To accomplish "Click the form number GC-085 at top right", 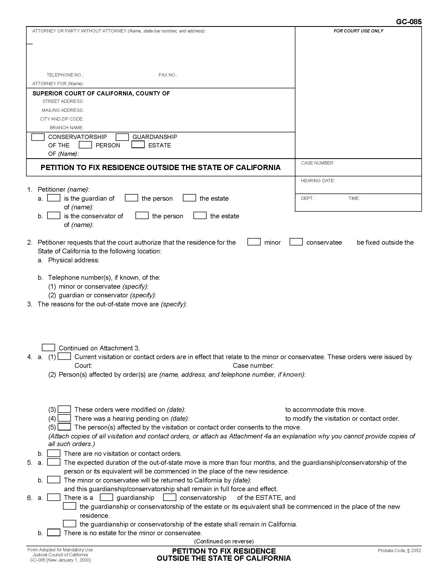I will (408, 22).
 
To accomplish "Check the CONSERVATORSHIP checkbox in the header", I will (38, 137).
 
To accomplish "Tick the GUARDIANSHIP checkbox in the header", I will (122, 137).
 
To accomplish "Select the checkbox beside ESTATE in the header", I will (138, 145).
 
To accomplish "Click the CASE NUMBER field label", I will (318, 163).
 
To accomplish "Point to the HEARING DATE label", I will (318, 181).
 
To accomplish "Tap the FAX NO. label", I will (168, 75).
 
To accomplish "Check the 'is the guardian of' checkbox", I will (53, 198).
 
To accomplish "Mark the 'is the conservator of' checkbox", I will (53, 216).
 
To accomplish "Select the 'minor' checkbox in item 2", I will (254, 242).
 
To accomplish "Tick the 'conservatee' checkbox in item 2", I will (296, 242).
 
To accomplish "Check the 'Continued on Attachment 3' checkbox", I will (48, 348).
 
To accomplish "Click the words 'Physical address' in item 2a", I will (74, 260).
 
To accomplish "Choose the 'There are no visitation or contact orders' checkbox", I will (53, 453).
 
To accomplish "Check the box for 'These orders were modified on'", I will (64, 409).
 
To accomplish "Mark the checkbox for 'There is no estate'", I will (53, 533).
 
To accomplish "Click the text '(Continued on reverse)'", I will (224, 541).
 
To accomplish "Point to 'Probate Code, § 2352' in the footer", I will (399, 550).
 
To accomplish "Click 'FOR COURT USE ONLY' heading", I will (358, 31).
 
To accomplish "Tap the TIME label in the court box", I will (354, 198).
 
